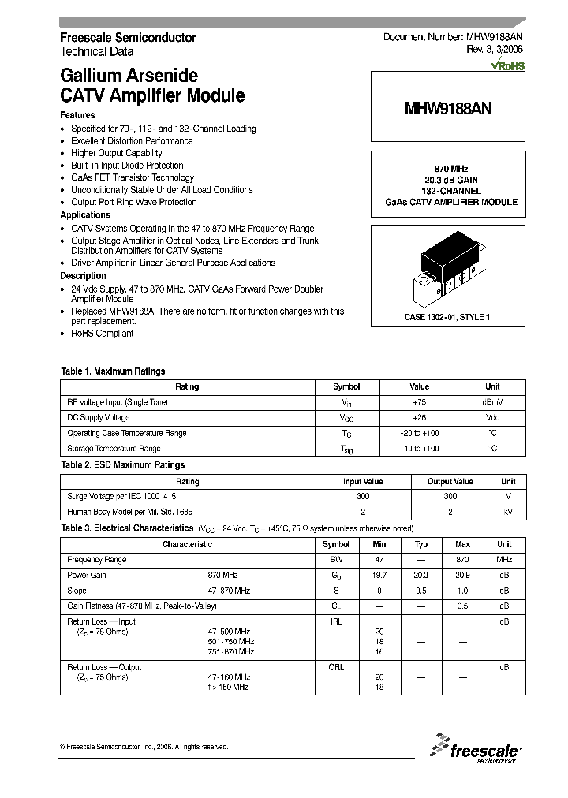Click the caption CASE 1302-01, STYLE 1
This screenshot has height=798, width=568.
click(447, 317)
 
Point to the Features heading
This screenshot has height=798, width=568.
click(77, 115)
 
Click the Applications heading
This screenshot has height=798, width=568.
click(85, 215)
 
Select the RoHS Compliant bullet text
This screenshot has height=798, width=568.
click(103, 333)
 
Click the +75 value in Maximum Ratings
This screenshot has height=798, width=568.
click(419, 402)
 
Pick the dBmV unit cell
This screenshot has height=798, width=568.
click(492, 402)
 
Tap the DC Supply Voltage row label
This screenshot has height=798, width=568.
click(99, 418)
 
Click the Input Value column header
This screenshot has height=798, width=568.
click(363, 481)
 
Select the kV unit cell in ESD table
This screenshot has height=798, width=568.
click(508, 513)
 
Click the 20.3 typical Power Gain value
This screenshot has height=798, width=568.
click(421, 576)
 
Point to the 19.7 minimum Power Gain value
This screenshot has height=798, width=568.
click(380, 576)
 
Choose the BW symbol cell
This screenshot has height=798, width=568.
click(336, 560)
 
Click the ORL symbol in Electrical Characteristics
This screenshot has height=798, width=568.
click(336, 667)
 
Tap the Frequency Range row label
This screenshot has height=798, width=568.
click(97, 560)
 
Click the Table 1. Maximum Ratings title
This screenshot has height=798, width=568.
click(113, 371)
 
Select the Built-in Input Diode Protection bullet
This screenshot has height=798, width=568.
click(127, 166)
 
